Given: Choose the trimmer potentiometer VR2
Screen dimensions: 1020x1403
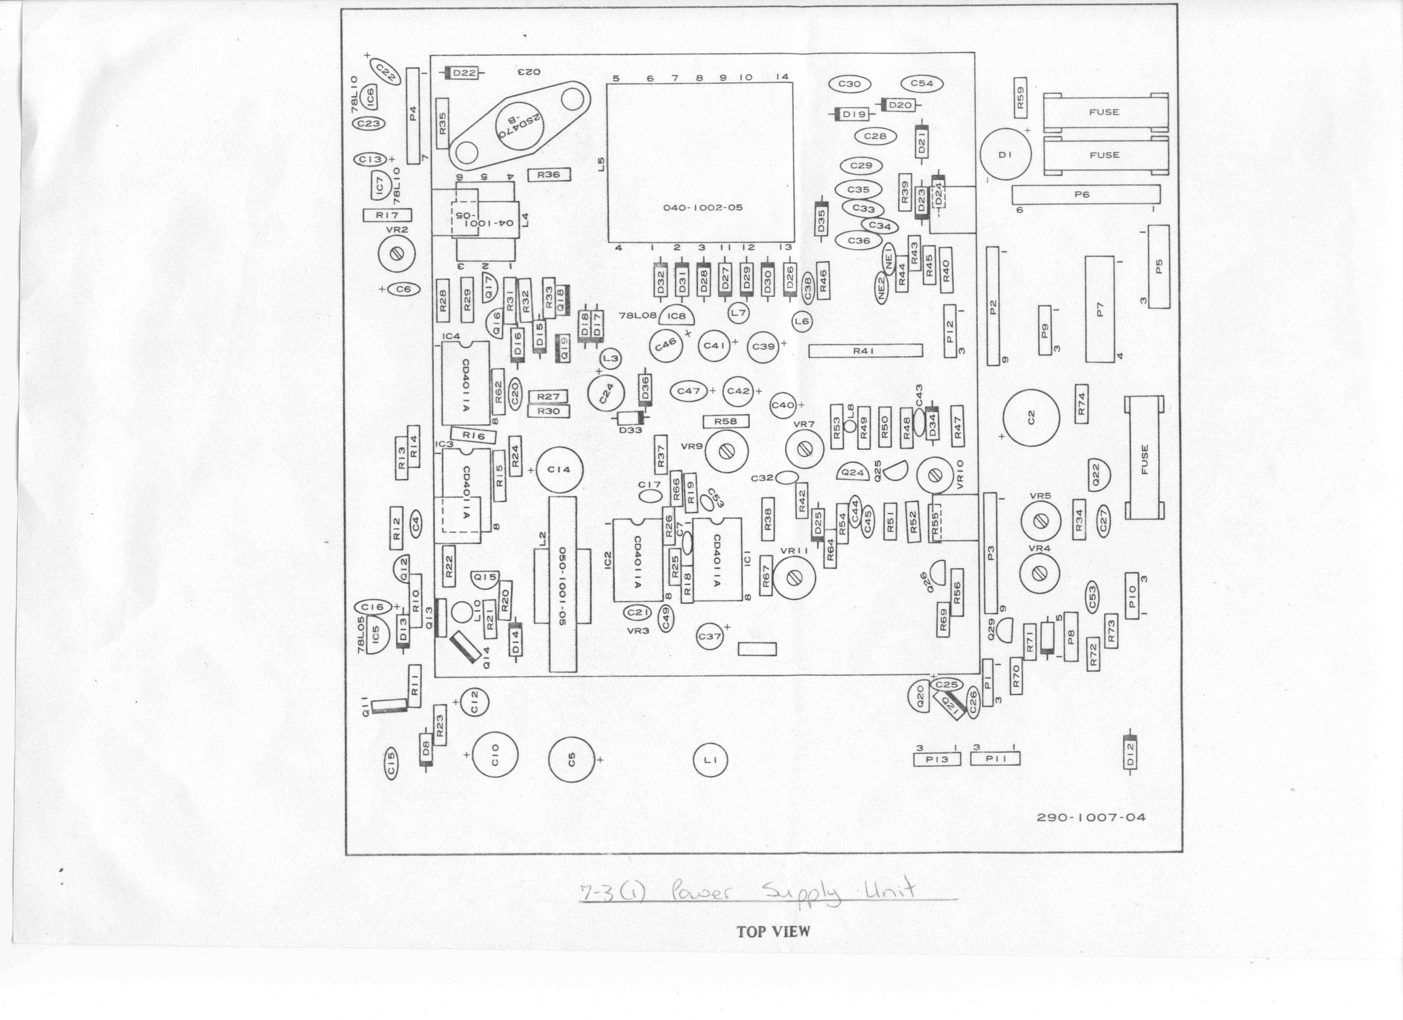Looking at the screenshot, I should [397, 254].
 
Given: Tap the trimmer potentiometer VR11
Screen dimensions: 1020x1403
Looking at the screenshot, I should [794, 576].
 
